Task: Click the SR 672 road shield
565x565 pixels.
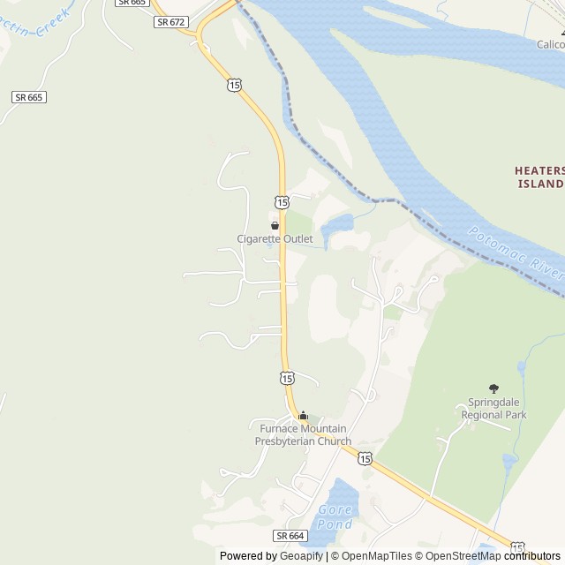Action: tap(171, 21)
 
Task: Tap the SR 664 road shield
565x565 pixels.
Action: tap(290, 536)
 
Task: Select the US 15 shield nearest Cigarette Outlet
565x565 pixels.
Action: tap(281, 202)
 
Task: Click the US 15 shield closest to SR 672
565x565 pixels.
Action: tap(233, 84)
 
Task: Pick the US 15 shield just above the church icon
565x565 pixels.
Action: tap(287, 378)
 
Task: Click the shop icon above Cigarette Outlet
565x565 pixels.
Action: tap(275, 225)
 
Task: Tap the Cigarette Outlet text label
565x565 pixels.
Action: tap(275, 238)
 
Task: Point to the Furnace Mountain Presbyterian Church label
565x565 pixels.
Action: tap(303, 435)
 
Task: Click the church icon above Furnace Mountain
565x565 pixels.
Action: tap(303, 416)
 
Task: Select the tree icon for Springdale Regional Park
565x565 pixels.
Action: tap(493, 388)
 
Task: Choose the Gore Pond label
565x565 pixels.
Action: tap(335, 517)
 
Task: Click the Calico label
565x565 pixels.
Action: tap(551, 43)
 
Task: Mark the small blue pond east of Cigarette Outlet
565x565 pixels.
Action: tap(336, 228)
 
